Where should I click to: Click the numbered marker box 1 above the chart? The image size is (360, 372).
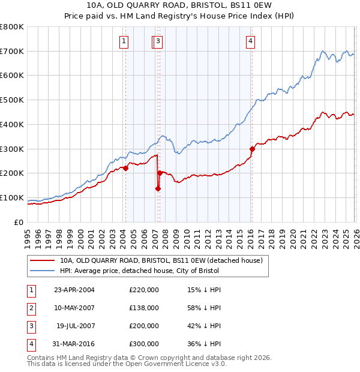124,41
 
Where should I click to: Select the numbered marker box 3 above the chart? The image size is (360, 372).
158,41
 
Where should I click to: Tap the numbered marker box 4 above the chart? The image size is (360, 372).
250,41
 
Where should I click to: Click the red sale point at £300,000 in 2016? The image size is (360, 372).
252,149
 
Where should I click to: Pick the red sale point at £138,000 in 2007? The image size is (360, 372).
158,188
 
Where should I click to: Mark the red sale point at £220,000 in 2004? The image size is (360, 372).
126,169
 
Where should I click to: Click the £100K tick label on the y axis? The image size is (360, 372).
12,198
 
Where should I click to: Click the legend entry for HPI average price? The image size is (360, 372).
139,271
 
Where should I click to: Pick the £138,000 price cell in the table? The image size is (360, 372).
144,308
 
